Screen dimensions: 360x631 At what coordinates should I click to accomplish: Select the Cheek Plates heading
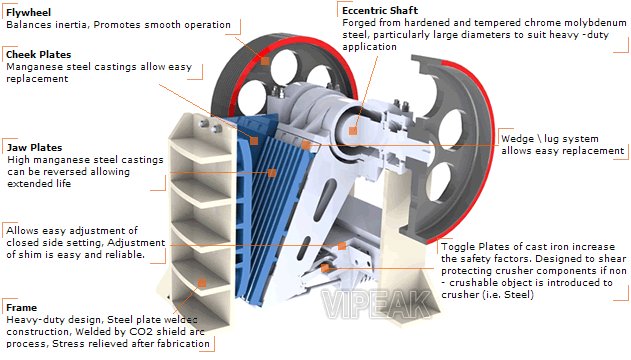37,53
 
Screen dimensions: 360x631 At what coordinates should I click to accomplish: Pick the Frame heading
22,304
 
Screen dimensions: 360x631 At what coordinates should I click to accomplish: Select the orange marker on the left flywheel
265,61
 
